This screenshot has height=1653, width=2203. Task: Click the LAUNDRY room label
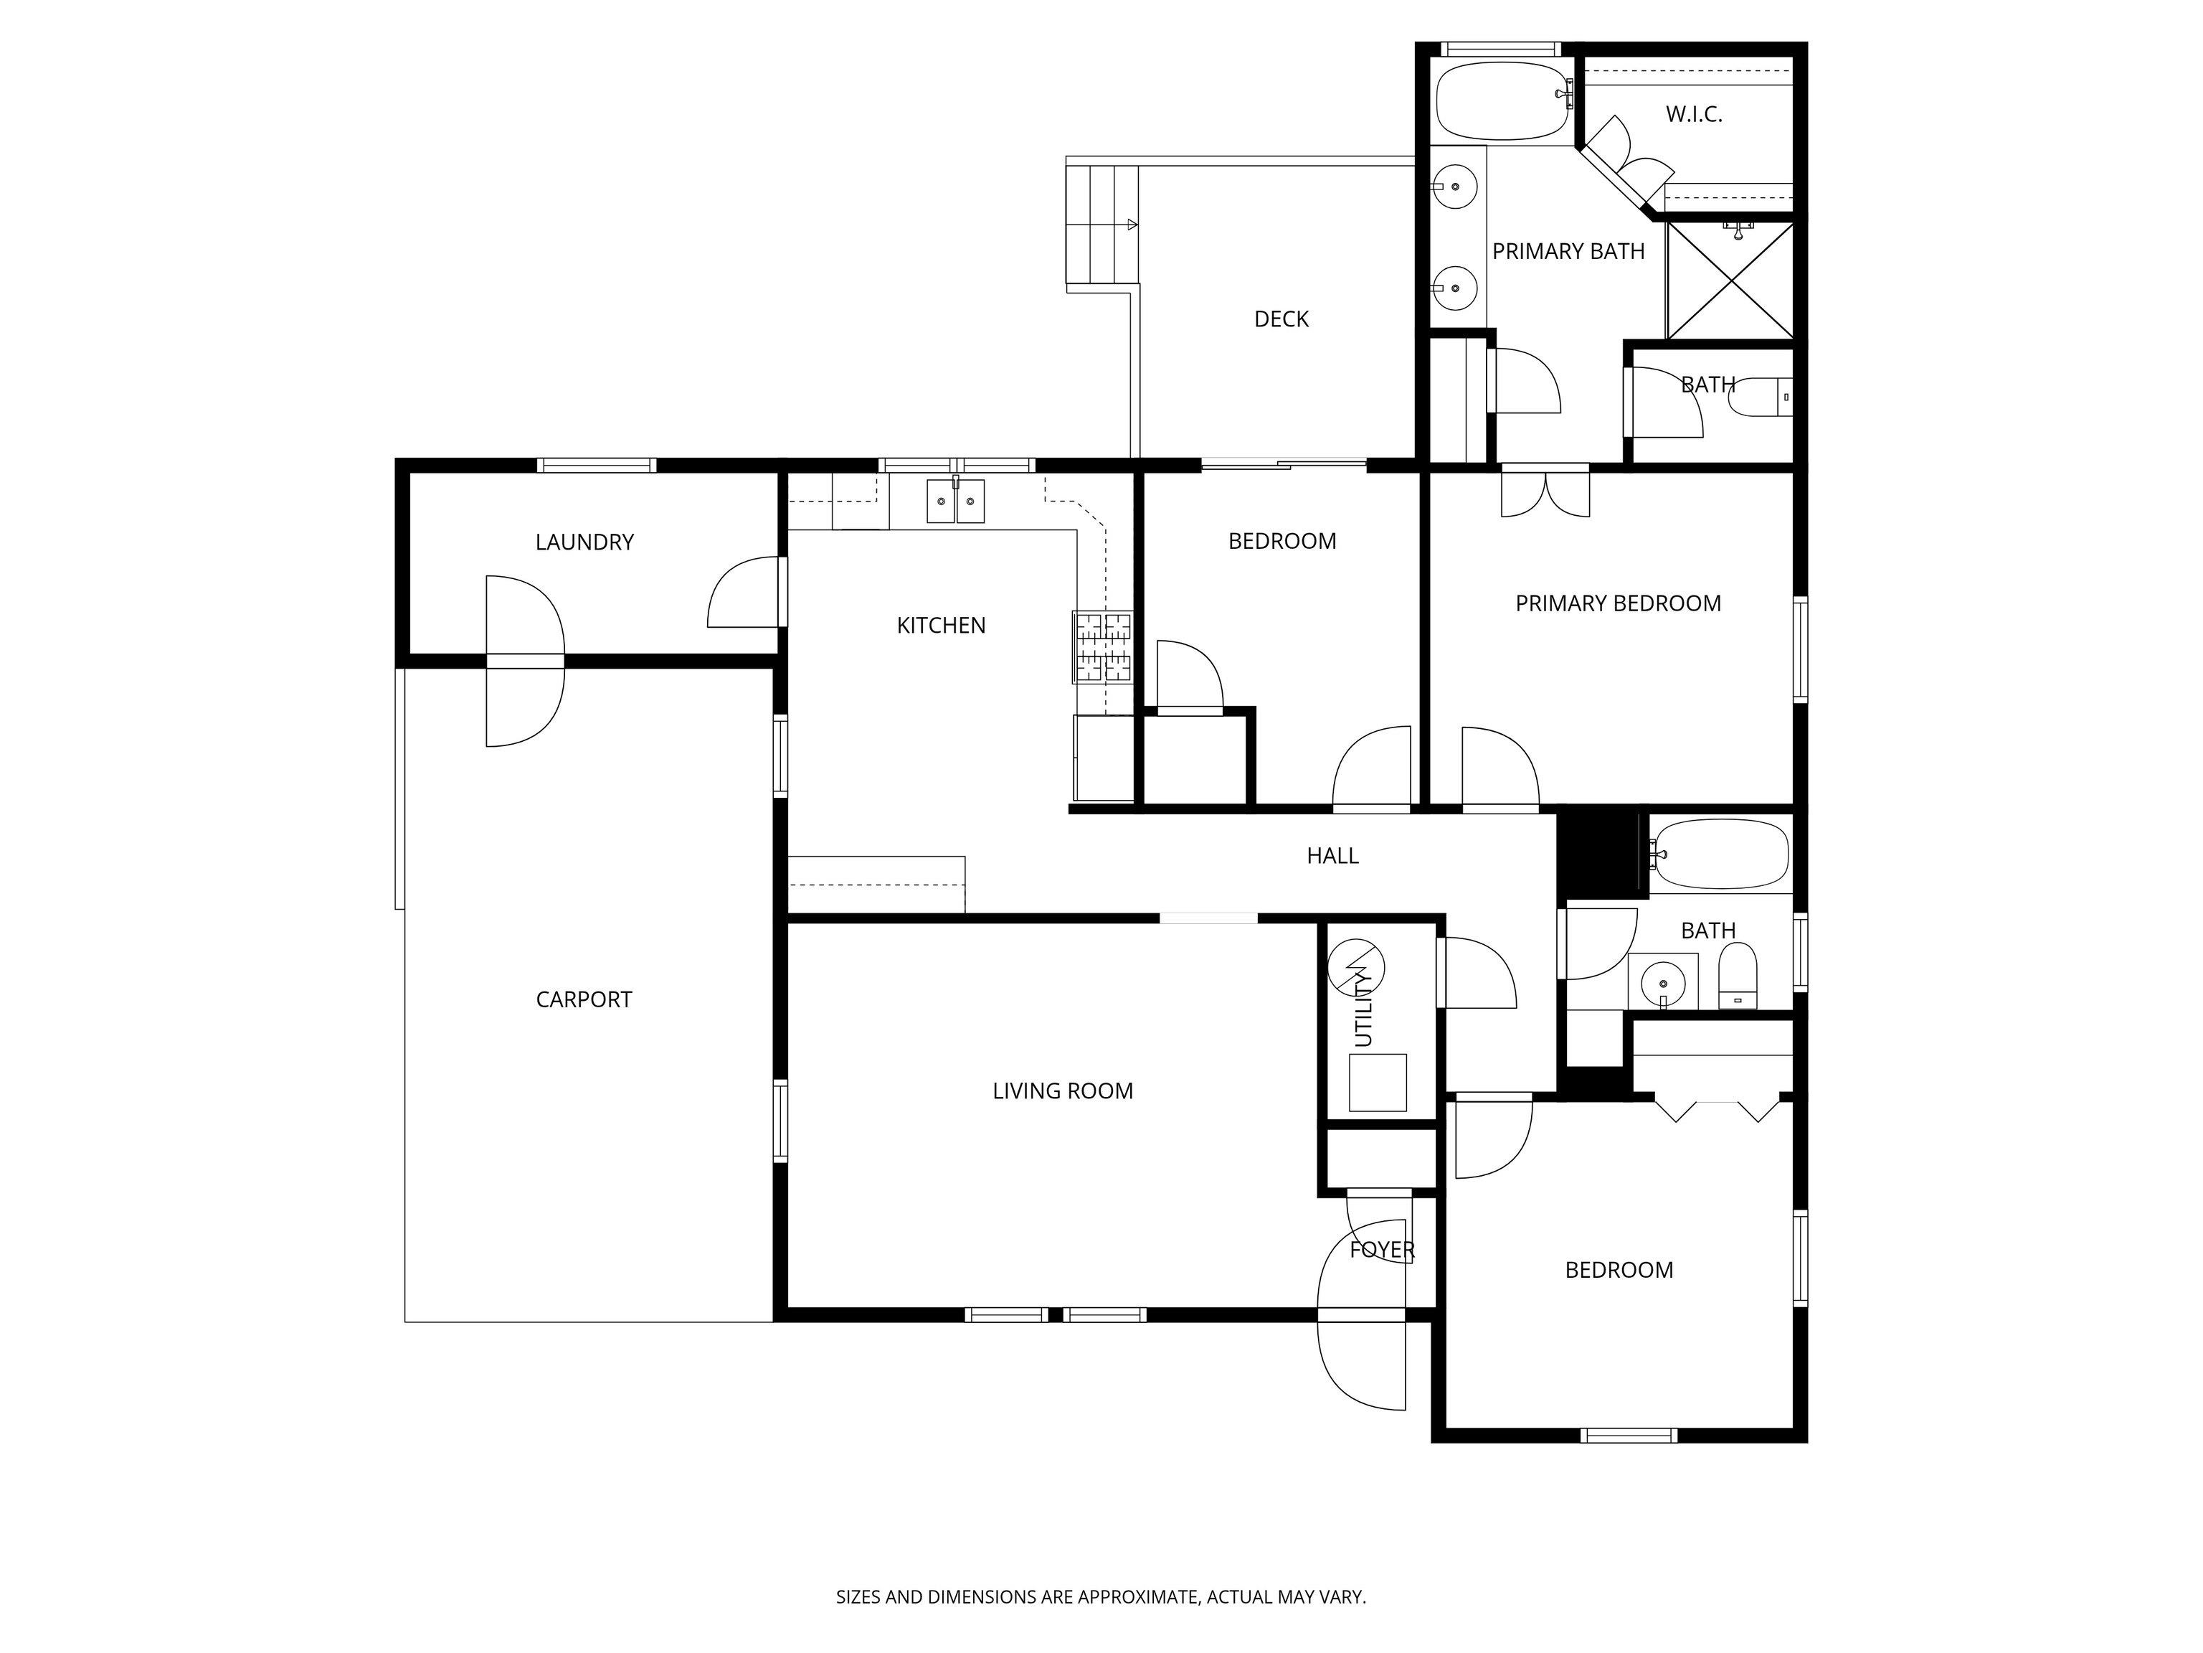(x=584, y=542)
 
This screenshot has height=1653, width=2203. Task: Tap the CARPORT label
(x=584, y=999)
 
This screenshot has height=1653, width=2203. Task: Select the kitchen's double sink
(x=955, y=501)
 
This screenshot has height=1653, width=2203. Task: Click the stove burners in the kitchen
(x=1102, y=646)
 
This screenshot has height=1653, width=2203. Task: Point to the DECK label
(x=1281, y=319)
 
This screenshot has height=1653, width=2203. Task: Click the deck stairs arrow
(x=1132, y=225)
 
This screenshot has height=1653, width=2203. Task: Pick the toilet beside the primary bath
(x=1758, y=397)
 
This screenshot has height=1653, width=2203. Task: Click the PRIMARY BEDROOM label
(x=1617, y=603)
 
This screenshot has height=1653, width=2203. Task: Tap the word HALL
(x=1332, y=856)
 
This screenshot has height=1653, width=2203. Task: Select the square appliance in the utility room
(x=1378, y=1082)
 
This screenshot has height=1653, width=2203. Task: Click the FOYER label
(x=1381, y=1250)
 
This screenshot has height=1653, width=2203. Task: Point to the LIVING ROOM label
(x=1063, y=1091)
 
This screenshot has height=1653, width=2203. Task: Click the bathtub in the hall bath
(x=1720, y=854)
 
